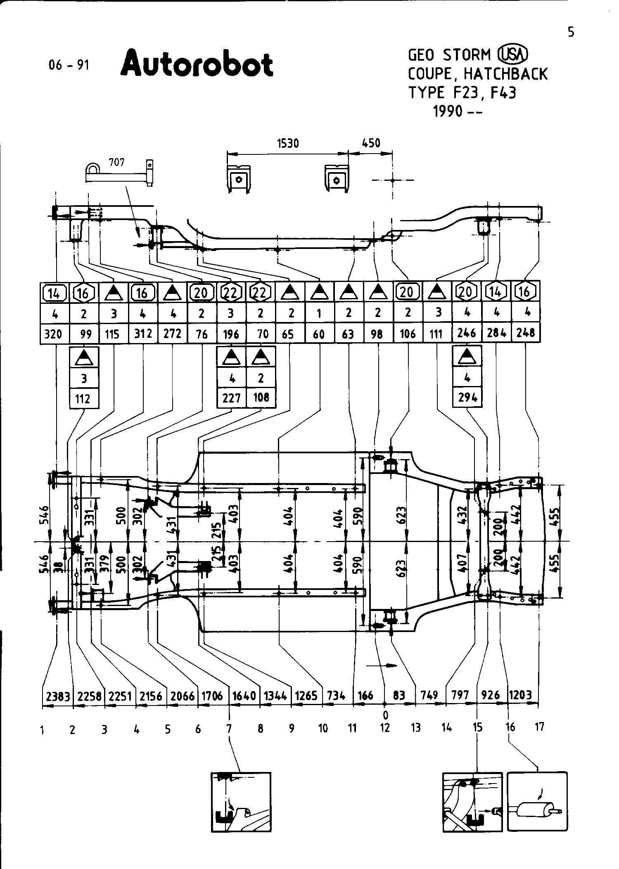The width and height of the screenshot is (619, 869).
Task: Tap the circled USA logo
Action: [513, 54]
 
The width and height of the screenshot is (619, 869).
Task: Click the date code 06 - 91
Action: [69, 65]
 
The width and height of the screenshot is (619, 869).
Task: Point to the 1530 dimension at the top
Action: [287, 144]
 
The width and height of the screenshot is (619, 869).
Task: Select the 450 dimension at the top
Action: [370, 143]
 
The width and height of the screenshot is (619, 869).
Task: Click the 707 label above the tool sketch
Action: [116, 163]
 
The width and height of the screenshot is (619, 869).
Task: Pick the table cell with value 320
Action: [54, 334]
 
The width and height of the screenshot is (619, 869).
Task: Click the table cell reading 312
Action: [142, 334]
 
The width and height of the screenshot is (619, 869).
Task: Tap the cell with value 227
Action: [231, 398]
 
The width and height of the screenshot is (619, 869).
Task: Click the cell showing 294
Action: [467, 398]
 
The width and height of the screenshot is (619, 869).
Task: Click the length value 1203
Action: [520, 696]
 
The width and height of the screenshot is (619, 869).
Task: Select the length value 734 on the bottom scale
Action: [336, 696]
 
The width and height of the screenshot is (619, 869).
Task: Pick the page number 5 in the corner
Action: [571, 32]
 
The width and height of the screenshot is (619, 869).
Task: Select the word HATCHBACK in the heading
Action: [505, 74]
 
